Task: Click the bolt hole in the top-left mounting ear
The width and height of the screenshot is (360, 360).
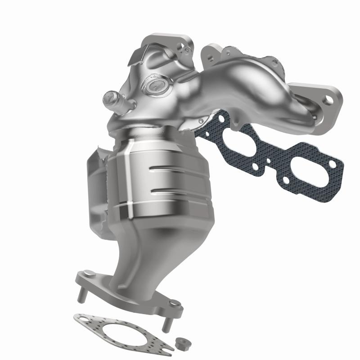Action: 181,46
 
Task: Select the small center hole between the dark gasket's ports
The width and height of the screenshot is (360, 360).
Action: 269,160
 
